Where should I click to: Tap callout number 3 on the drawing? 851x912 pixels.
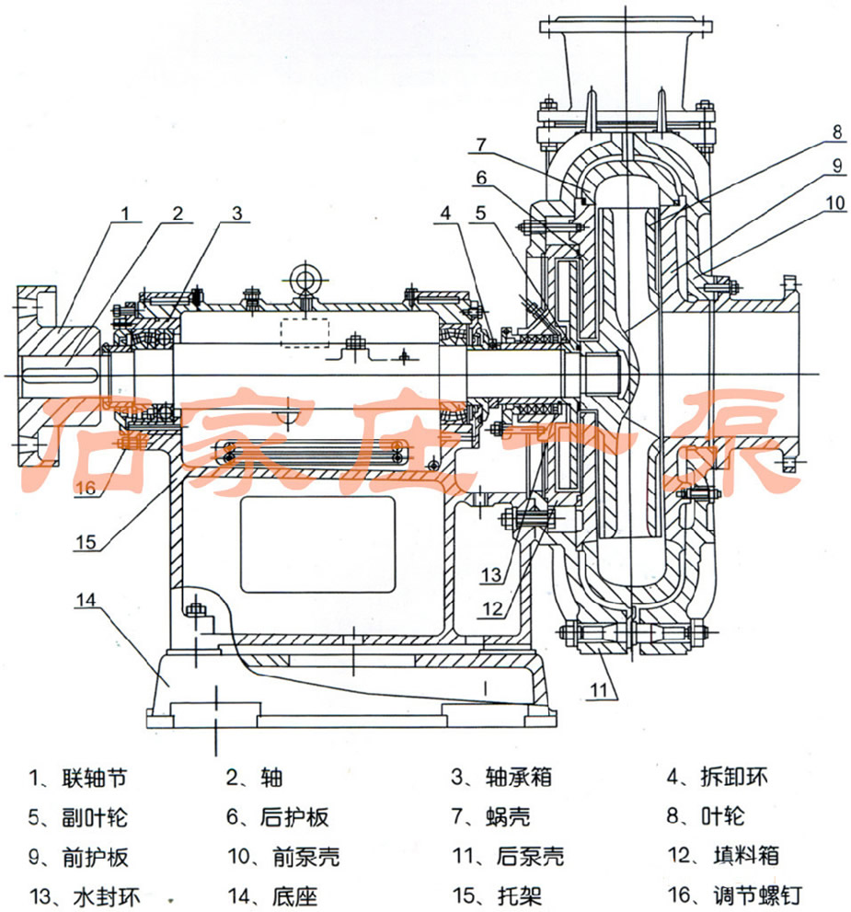pos(236,212)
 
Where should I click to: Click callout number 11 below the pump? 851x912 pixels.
pos(599,689)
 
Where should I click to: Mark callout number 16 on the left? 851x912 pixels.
pos(86,488)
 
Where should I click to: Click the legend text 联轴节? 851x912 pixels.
pos(93,778)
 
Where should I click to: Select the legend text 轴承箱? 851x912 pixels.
pos(519,778)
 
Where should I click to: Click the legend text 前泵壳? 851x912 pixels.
pos(306,857)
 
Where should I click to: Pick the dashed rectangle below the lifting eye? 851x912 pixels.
pos(305,332)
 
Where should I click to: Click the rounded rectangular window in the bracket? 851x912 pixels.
pos(316,545)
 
